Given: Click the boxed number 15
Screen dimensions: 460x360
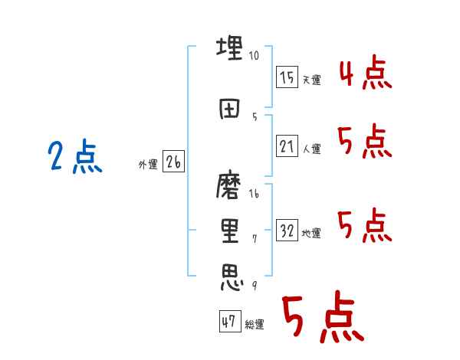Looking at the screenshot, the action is tap(287, 77).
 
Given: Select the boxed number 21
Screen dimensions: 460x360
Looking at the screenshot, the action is tap(287, 146).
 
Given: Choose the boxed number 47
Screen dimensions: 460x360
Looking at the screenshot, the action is tap(229, 322).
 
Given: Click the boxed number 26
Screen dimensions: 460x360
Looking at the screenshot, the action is tap(174, 162).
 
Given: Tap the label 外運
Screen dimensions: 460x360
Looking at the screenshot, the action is tap(147, 165).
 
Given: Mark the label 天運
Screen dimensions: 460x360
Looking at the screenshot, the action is tap(311, 80).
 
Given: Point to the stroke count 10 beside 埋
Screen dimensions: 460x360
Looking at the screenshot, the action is tap(255, 56).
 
